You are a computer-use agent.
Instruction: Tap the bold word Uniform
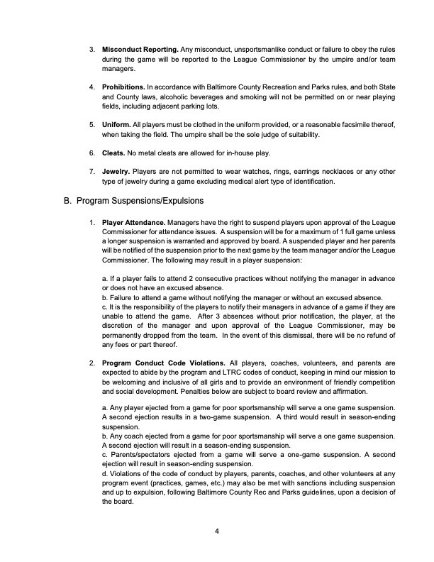click(x=118, y=124)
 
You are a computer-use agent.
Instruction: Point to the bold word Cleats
click(x=116, y=153)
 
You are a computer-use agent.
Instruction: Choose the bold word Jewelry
click(x=118, y=172)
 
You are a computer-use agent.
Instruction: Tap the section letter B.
click(x=68, y=201)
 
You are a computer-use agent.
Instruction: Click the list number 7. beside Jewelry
click(x=92, y=172)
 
